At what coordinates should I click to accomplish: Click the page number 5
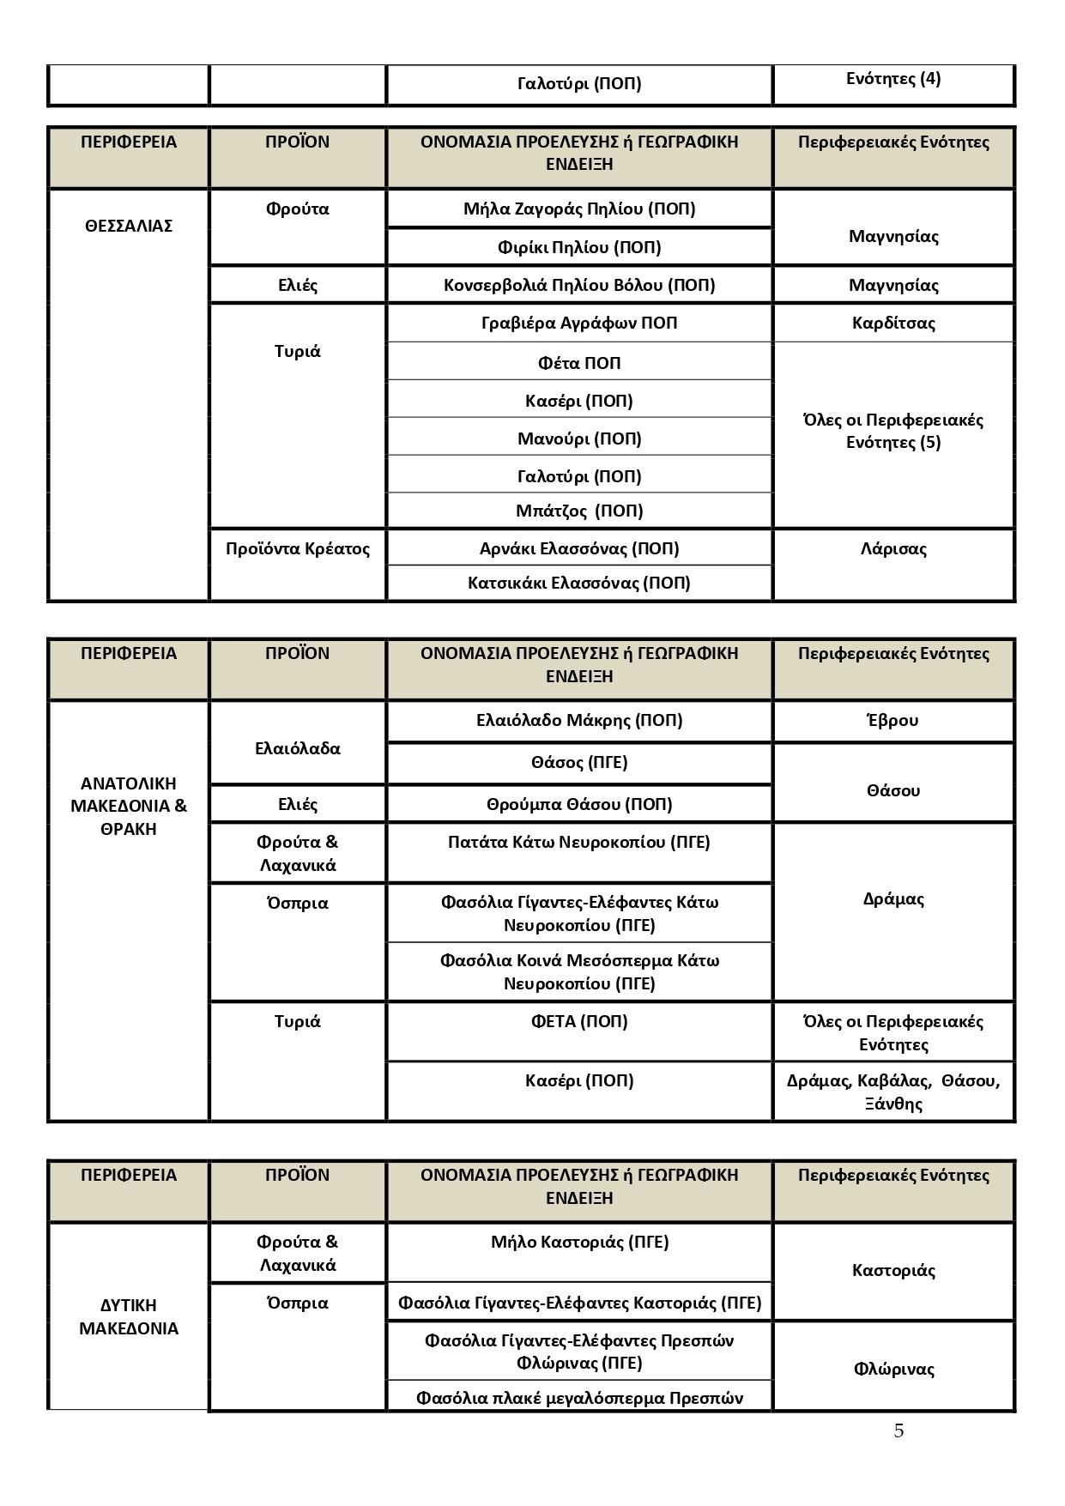[899, 1430]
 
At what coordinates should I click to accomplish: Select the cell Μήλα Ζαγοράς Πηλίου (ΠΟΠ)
[579, 209]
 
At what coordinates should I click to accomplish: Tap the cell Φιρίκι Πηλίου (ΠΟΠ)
[579, 247]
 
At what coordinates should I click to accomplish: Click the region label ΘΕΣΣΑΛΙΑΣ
[129, 226]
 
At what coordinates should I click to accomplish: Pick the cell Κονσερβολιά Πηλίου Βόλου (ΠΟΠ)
[579, 285]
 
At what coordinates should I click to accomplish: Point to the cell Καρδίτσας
[893, 323]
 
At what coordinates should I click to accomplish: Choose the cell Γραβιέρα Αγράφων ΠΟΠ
[579, 323]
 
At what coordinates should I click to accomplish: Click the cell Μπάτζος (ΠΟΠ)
[579, 511]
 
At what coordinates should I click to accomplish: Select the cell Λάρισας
[893, 548]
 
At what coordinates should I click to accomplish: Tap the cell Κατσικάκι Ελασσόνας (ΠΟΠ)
[579, 583]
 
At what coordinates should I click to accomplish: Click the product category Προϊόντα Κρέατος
[298, 548]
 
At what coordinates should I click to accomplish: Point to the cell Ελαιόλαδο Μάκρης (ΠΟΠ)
[579, 720]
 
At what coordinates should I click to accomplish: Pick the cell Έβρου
[893, 720]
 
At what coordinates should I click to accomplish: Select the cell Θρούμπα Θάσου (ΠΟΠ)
[579, 804]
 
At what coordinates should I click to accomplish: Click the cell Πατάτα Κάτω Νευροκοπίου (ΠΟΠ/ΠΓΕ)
[579, 842]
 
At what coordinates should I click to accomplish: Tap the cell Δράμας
[893, 899]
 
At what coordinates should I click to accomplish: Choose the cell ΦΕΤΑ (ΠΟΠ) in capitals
[579, 1021]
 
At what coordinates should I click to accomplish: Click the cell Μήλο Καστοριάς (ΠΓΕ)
[579, 1242]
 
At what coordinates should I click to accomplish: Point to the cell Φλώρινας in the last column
[893, 1369]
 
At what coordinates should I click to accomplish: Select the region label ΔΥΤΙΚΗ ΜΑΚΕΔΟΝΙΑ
[129, 1316]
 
